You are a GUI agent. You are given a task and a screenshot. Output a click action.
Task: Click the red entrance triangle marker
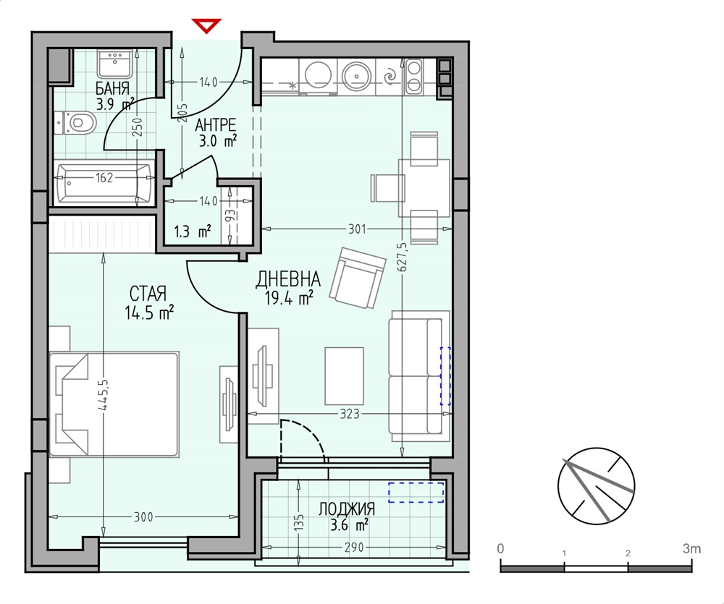pos(206,25)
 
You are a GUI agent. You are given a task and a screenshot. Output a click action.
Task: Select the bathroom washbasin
pos(115,64)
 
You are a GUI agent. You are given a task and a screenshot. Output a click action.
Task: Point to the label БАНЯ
pos(112,88)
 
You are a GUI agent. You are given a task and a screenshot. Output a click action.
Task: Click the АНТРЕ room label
pos(215,124)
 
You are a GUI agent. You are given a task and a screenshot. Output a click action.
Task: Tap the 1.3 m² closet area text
pos(193,231)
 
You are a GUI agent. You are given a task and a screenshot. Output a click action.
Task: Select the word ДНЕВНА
pos(288,278)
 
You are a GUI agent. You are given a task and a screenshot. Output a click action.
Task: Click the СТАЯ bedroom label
pos(148,294)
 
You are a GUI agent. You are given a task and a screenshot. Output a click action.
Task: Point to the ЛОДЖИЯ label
pos(346,509)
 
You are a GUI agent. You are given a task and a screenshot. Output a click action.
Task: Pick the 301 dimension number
pos(357,229)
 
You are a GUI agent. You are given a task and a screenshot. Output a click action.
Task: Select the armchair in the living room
pos(358,277)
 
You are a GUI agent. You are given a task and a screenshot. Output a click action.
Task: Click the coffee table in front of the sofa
pos(344,376)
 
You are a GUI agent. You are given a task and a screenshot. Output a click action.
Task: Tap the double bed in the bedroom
pos(114,404)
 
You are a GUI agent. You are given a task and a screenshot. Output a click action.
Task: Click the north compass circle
pos(596,486)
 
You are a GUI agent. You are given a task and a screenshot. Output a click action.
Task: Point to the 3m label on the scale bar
pos(691,548)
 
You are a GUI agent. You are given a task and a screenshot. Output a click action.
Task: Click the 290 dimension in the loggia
pos(354,548)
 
